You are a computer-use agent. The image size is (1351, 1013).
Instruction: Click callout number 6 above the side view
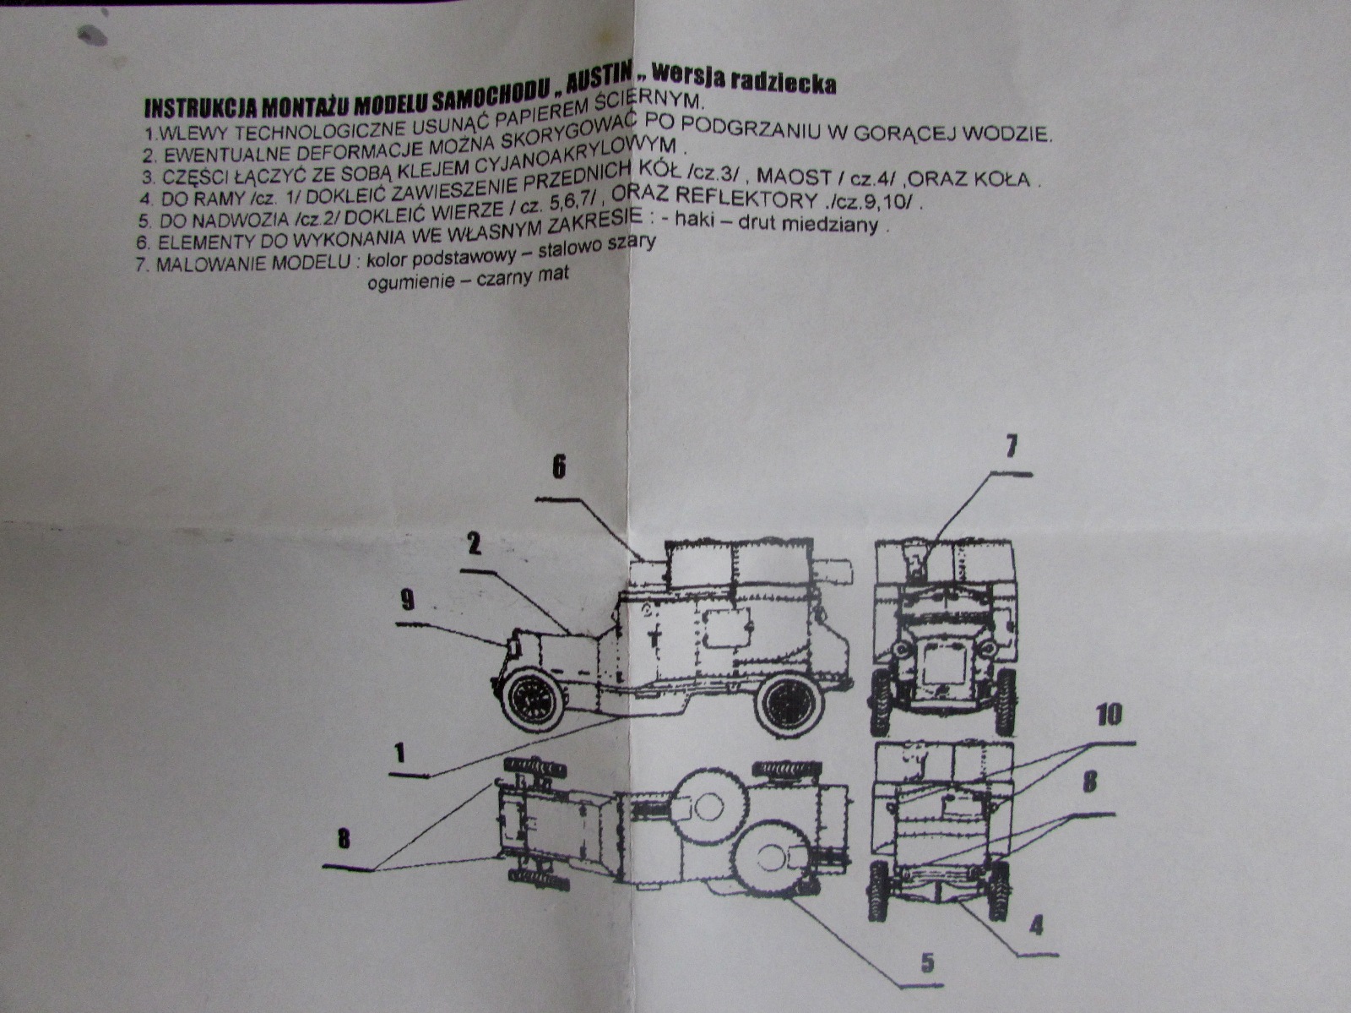(559, 468)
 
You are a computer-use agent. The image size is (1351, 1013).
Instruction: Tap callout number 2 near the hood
(474, 543)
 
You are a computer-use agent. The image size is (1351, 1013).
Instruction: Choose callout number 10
(1108, 715)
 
